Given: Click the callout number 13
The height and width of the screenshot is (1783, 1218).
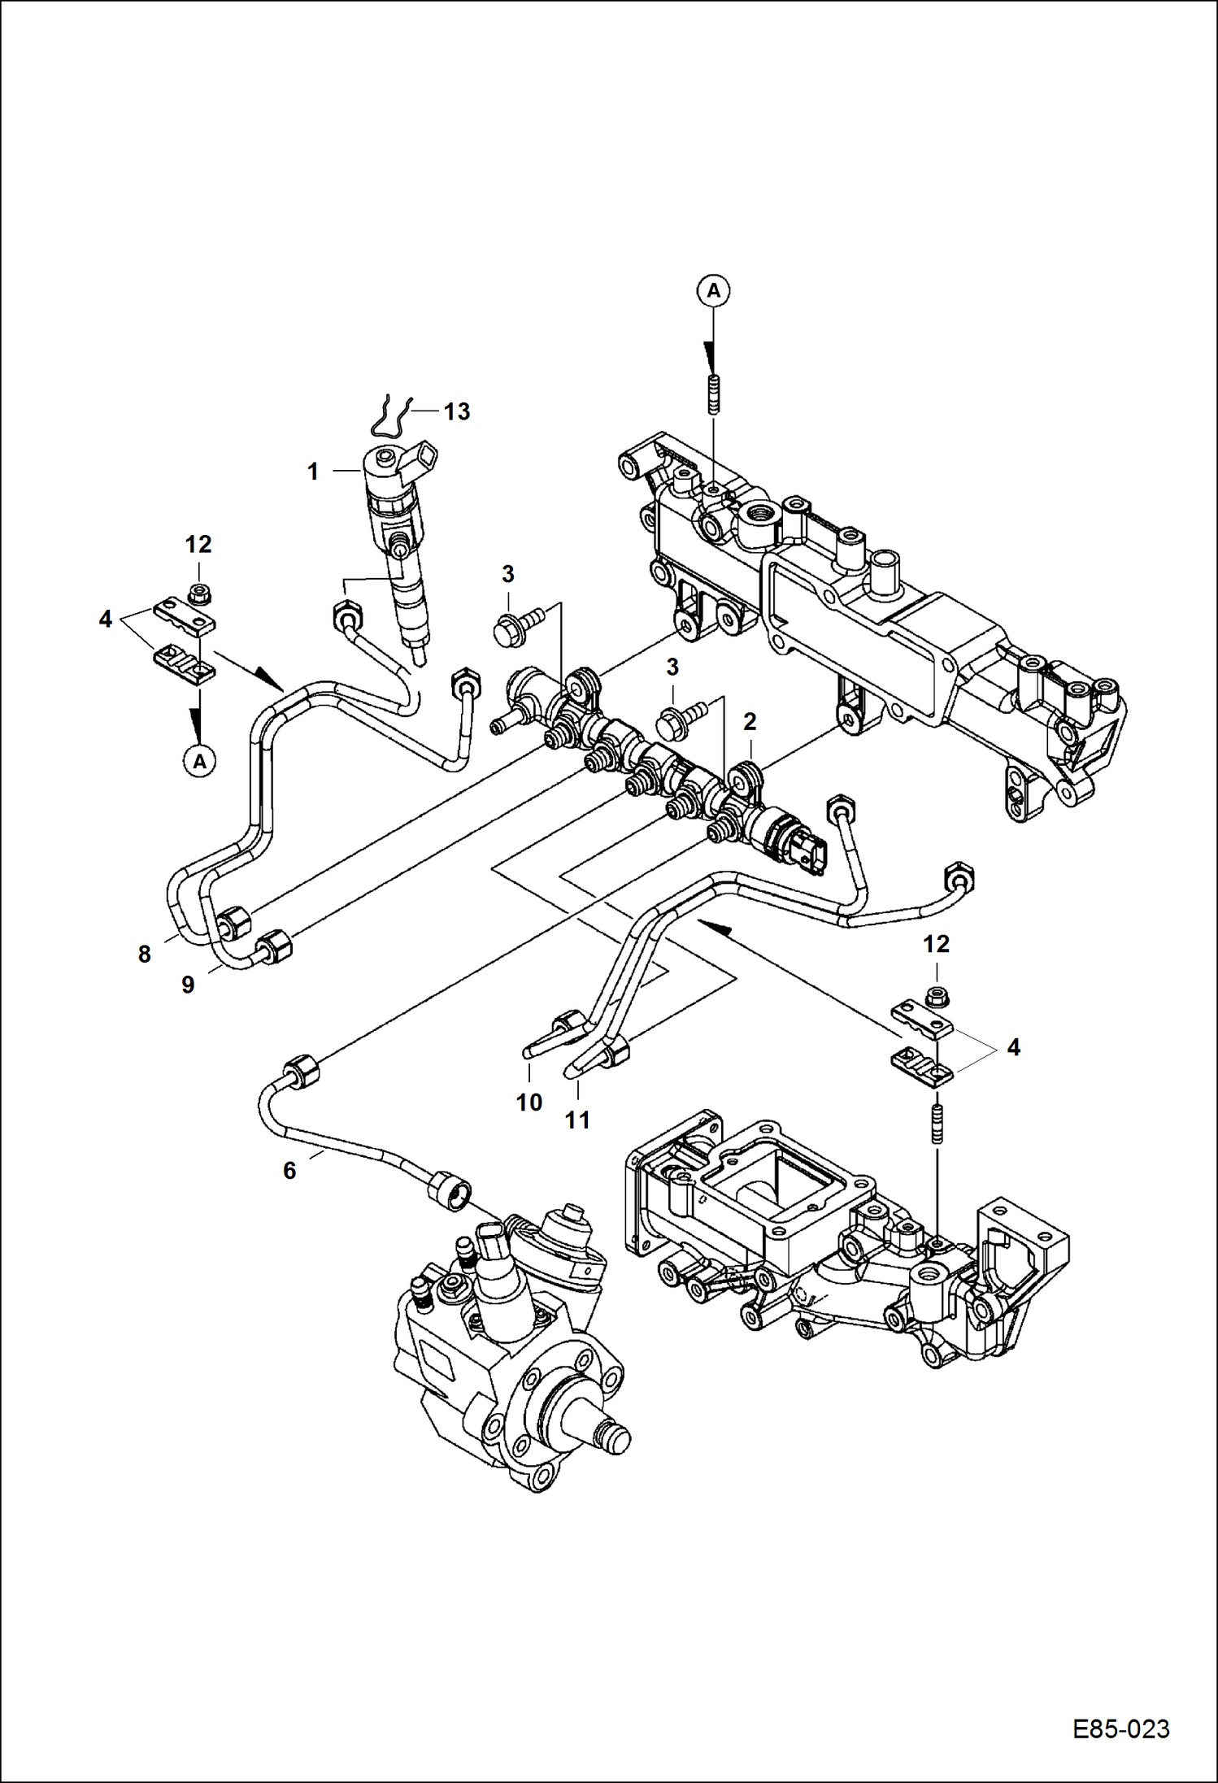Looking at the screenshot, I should (x=457, y=411).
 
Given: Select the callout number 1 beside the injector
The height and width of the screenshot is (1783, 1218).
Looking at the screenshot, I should (x=312, y=472).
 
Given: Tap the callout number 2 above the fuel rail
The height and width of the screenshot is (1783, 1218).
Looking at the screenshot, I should (x=750, y=721).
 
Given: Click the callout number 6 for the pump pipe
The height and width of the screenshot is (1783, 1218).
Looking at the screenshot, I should (x=289, y=1171).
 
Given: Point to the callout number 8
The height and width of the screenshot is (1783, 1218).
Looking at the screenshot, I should (x=145, y=955).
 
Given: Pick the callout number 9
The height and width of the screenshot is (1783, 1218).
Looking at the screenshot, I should (x=188, y=985).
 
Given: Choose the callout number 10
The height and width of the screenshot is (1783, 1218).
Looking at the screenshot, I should (x=529, y=1102).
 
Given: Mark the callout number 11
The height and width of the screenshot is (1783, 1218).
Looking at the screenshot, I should (x=577, y=1120).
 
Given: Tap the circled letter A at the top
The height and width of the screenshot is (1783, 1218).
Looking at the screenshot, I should (x=713, y=289).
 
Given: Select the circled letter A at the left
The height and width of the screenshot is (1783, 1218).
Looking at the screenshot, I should (x=199, y=761).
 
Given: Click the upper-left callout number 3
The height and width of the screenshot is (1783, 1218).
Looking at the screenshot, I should (x=508, y=574).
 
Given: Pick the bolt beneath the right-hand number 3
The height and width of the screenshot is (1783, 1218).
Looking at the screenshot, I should (x=677, y=721).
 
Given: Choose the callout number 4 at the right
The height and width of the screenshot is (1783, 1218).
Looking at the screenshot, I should (x=1013, y=1047).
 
